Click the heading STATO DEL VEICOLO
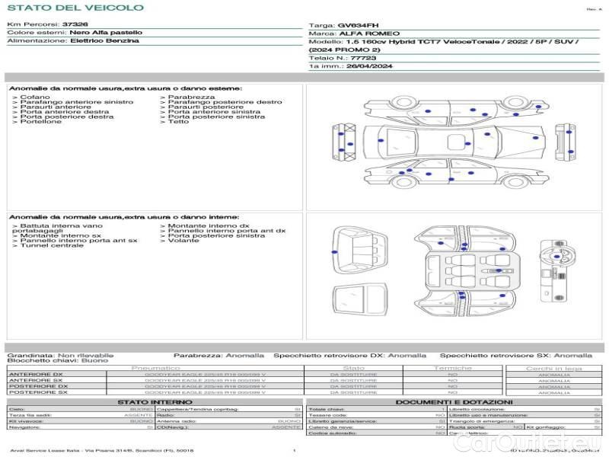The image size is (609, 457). point(75,8)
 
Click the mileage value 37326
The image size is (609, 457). point(75,24)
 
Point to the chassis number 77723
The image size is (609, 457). point(362,58)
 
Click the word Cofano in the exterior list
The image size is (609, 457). point(35,97)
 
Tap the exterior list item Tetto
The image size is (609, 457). point(178,122)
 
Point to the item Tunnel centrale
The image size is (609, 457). point(52,245)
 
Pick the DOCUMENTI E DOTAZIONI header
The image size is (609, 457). point(454,402)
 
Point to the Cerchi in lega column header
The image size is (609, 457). point(553,369)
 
